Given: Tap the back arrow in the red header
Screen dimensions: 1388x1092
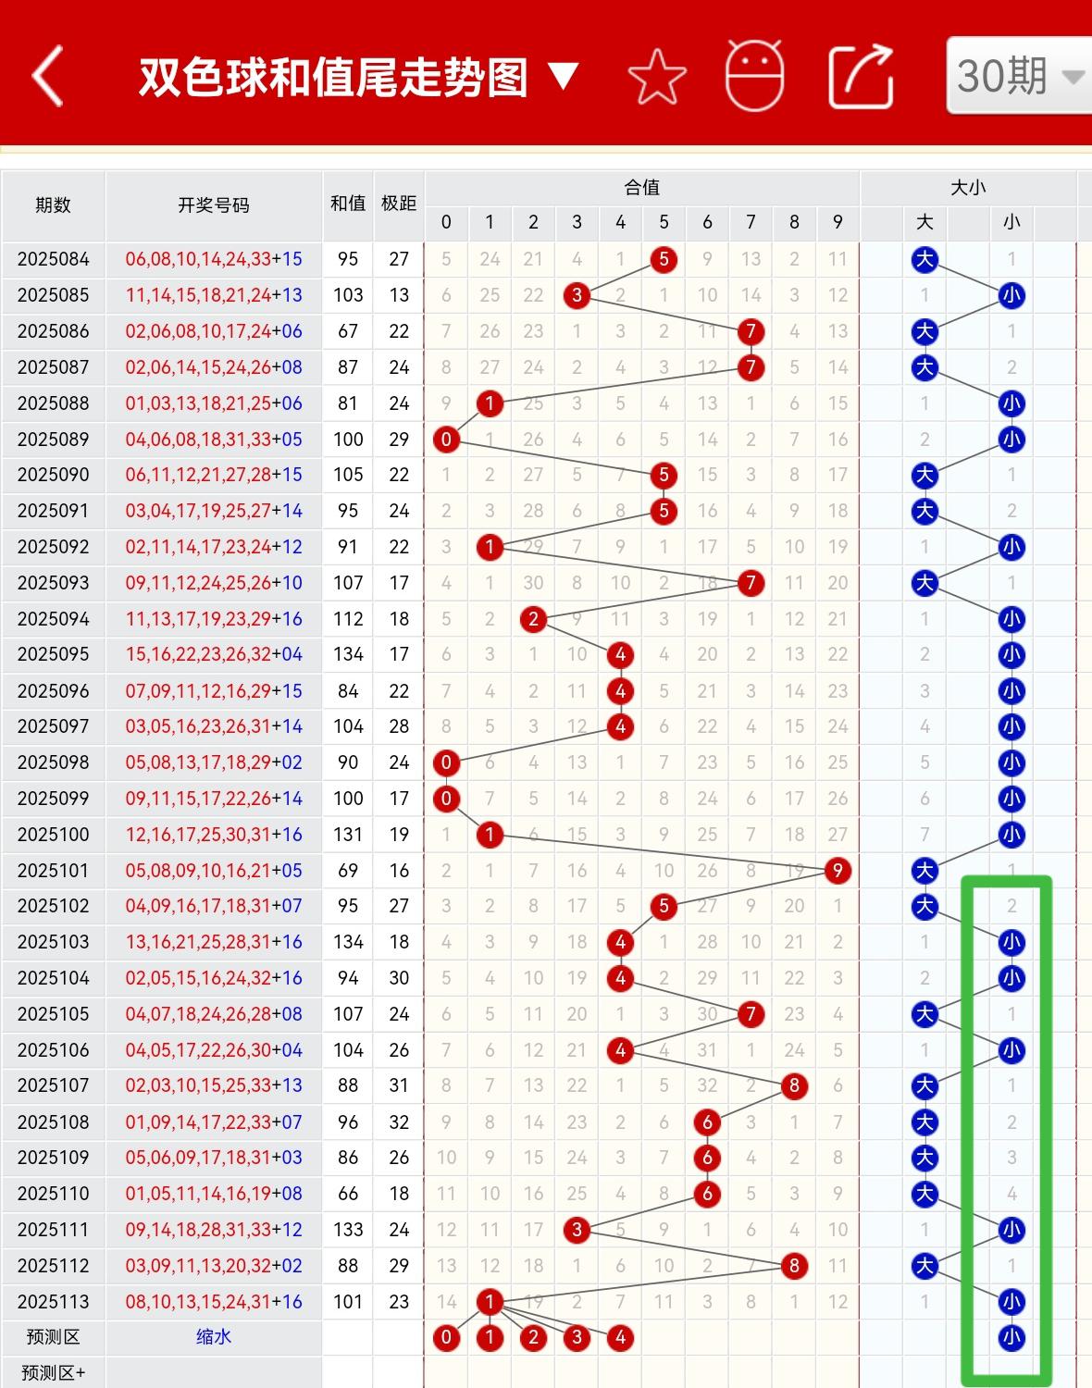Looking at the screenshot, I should coord(48,76).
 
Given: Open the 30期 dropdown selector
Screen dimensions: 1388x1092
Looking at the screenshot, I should coord(1018,76).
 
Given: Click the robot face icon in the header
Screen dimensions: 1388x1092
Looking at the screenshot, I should coord(754,76).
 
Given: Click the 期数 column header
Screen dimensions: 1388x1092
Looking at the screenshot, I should coord(53,205).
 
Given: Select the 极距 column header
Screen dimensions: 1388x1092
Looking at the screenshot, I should coord(399,204).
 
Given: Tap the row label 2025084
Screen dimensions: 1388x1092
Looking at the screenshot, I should coord(53,259).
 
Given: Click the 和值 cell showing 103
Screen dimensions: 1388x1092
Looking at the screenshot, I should coord(348,295).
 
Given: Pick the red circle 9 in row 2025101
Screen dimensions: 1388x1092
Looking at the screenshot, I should coord(838,871).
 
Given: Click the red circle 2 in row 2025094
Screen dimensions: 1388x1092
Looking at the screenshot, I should coord(533,619).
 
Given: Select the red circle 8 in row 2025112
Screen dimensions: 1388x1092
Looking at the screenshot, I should coord(794,1266).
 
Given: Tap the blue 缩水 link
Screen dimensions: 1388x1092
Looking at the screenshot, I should coord(214,1337).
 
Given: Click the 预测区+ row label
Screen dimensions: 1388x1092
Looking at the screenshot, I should coord(53,1373).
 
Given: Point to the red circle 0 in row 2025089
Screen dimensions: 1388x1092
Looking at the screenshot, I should coord(446,440).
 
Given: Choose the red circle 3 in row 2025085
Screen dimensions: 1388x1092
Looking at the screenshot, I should coord(577,295).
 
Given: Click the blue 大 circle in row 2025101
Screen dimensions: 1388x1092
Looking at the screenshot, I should coord(924,871).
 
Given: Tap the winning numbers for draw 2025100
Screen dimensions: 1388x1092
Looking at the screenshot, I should coord(214,835).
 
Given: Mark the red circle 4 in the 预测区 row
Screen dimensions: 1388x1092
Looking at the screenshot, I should coord(620,1337).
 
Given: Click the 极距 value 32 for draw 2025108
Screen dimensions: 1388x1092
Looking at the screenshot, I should coord(399,1122).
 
